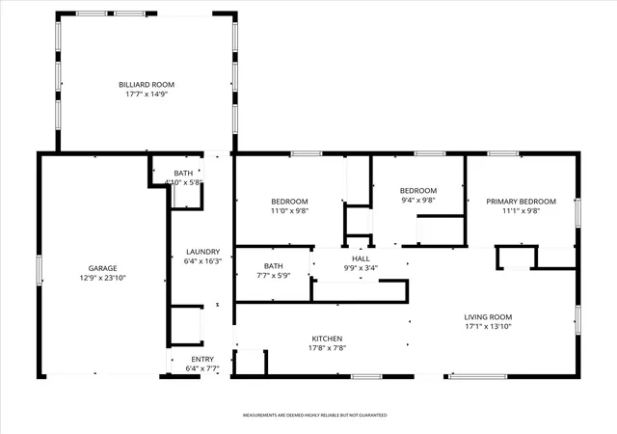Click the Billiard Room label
(147, 85)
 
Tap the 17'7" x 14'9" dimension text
(147, 95)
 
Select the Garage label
(103, 268)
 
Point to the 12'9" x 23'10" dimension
(103, 278)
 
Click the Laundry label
(203, 252)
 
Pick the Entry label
(202, 359)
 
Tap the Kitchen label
(327, 339)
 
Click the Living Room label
(488, 317)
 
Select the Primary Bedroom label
(521, 202)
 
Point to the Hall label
(361, 258)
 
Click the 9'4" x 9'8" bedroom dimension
(418, 200)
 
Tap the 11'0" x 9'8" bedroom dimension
(289, 210)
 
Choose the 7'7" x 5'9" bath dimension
(274, 276)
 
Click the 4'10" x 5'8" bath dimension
(183, 182)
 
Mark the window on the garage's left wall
(40, 270)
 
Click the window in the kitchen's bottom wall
(366, 377)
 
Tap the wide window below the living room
(478, 377)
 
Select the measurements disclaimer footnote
(315, 415)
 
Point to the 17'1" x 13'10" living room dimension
(488, 327)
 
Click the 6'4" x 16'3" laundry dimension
(203, 261)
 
